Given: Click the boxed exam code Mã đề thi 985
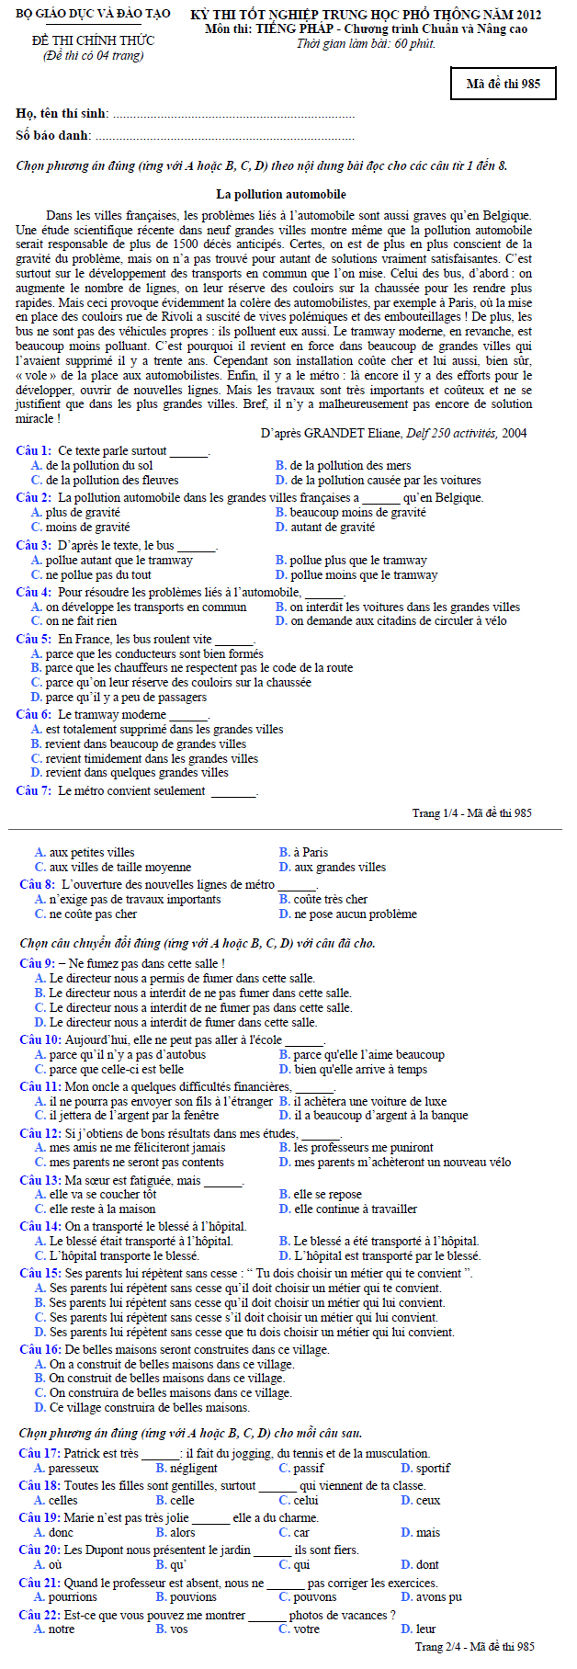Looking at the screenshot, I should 503,84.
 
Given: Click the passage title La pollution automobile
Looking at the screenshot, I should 281,194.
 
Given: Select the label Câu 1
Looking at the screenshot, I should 33,450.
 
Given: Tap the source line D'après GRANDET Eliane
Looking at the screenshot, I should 393,433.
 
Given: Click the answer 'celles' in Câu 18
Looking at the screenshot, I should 62,1500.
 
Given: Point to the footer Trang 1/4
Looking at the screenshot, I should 471,812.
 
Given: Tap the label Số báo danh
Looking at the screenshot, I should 53,135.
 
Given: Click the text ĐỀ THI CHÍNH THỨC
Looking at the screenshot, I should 93,40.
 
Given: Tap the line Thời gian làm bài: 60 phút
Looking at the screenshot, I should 366,43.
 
